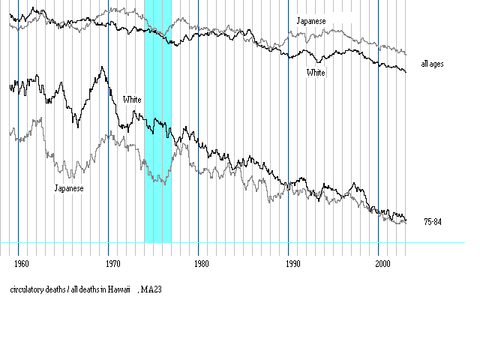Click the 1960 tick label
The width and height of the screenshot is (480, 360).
(x=22, y=263)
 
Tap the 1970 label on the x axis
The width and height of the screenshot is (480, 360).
(x=112, y=263)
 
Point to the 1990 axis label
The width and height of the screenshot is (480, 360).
(x=293, y=263)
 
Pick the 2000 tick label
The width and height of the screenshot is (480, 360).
(x=382, y=263)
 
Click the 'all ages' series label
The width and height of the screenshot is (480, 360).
(x=433, y=64)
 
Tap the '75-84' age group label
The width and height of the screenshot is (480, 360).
(x=433, y=222)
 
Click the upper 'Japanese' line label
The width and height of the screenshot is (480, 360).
(x=311, y=21)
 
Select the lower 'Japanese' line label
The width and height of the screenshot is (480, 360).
(x=68, y=188)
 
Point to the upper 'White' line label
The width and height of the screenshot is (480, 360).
(x=316, y=73)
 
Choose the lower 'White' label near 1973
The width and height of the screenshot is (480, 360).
(x=132, y=100)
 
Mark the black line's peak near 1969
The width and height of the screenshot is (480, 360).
(x=101, y=67)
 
